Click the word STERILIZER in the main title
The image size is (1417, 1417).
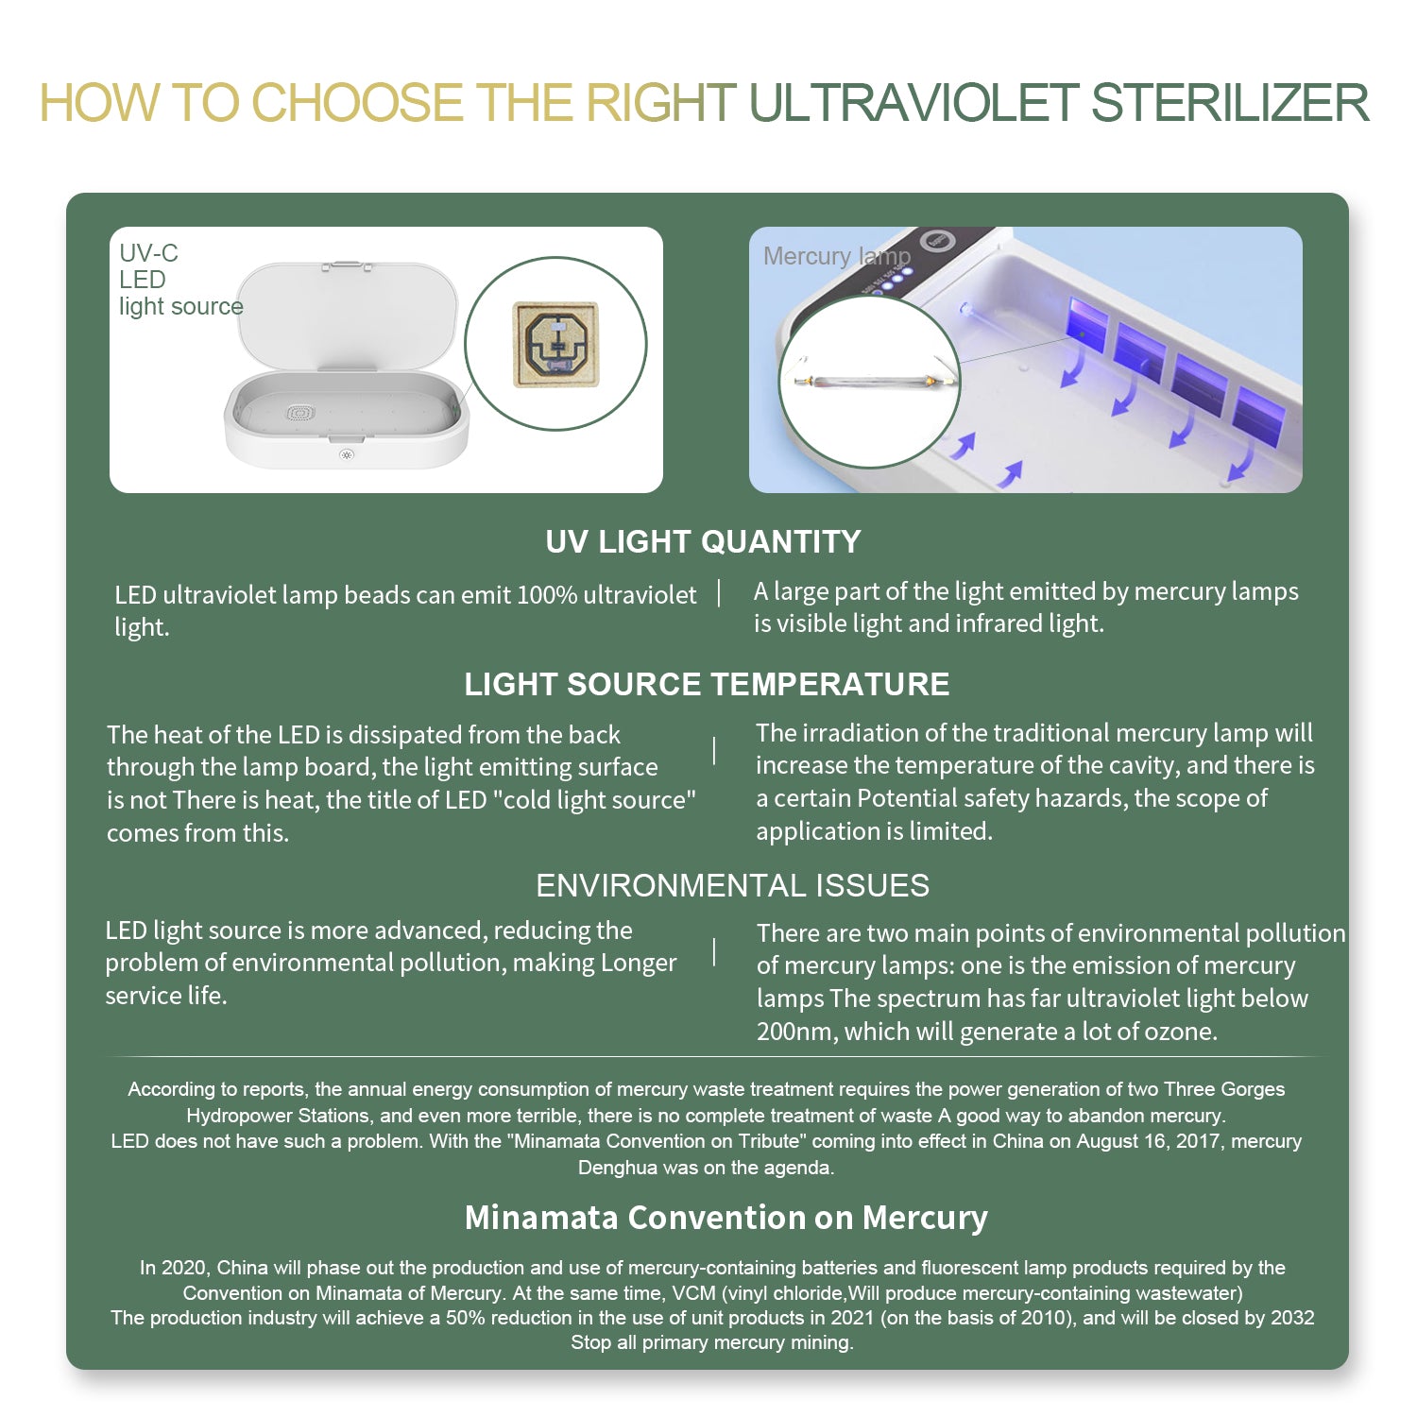1230,103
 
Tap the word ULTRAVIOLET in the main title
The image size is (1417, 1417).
913,103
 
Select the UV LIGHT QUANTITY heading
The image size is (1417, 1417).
703,541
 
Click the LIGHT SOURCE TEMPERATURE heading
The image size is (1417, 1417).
707,684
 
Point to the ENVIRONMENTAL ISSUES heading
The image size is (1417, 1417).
732,885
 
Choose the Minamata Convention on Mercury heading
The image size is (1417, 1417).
726,1217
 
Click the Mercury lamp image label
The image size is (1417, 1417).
837,256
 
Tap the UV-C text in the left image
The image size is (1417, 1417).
148,253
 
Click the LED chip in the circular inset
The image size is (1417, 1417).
555,345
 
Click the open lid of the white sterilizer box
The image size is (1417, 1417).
347,316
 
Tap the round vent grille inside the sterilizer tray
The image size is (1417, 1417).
299,413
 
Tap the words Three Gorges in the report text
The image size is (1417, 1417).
1224,1089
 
